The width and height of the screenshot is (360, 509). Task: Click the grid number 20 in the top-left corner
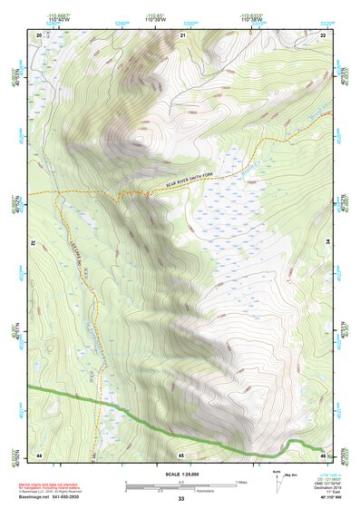pos(39,34)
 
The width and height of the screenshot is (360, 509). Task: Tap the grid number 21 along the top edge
pos(182,34)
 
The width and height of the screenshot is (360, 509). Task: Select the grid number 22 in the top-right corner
pos(324,34)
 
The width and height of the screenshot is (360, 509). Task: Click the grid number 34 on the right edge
pos(328,243)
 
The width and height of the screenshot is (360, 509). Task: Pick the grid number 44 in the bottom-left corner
pos(39,454)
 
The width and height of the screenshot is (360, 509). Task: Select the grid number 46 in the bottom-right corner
pos(324,454)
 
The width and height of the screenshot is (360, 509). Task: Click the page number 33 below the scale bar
pos(180,499)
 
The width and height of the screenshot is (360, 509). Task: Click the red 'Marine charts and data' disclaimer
pos(54,480)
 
